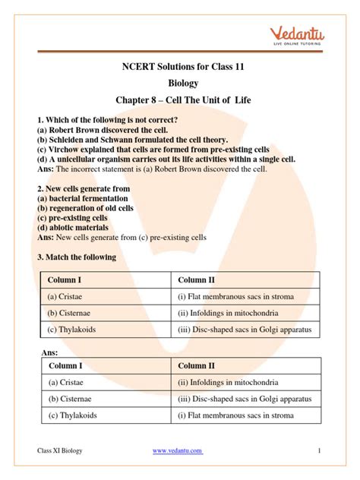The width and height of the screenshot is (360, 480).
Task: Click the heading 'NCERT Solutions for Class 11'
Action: click(x=179, y=67)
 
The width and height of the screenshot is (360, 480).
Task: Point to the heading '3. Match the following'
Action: click(x=77, y=257)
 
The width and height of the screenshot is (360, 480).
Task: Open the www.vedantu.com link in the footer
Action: click(x=178, y=451)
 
